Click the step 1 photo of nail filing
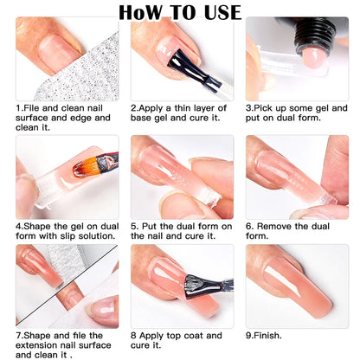(67, 59)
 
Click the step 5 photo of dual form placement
(182, 177)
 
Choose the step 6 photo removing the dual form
(297, 177)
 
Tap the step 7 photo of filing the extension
(67, 286)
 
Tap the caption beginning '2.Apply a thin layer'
(180, 112)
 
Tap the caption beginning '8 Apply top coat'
(177, 339)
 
